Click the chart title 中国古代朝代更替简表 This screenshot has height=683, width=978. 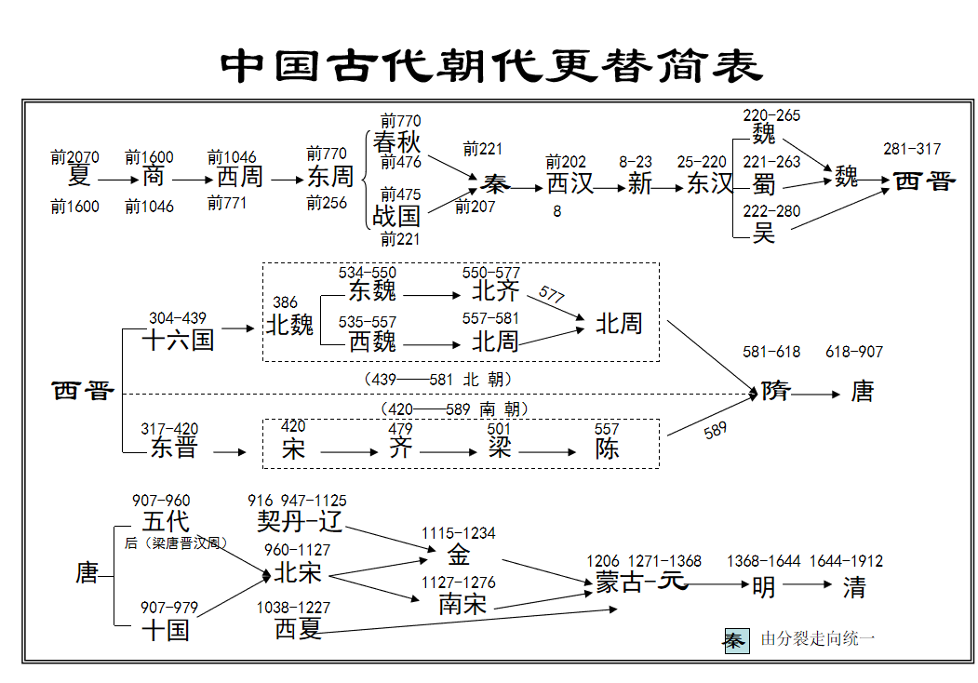tap(492, 64)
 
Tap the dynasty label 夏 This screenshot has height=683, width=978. tap(79, 176)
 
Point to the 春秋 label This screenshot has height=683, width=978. tap(396, 142)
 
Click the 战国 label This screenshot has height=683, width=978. tap(396, 217)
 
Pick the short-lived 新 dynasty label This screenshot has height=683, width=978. tap(639, 183)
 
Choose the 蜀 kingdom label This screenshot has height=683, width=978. tap(764, 183)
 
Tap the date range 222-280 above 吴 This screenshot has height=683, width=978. tap(771, 211)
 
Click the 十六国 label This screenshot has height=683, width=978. tap(178, 340)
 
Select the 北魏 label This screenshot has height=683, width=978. tap(290, 325)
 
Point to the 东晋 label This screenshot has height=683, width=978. tap(174, 448)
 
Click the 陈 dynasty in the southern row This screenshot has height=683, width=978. tap(608, 449)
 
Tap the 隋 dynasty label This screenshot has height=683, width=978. tap(775, 391)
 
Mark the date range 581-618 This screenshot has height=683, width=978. tap(771, 352)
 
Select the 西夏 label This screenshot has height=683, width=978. tap(299, 629)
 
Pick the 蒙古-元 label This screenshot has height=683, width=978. tap(641, 583)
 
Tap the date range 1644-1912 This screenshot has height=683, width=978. tap(846, 561)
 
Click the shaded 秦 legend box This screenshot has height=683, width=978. tap(736, 640)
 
